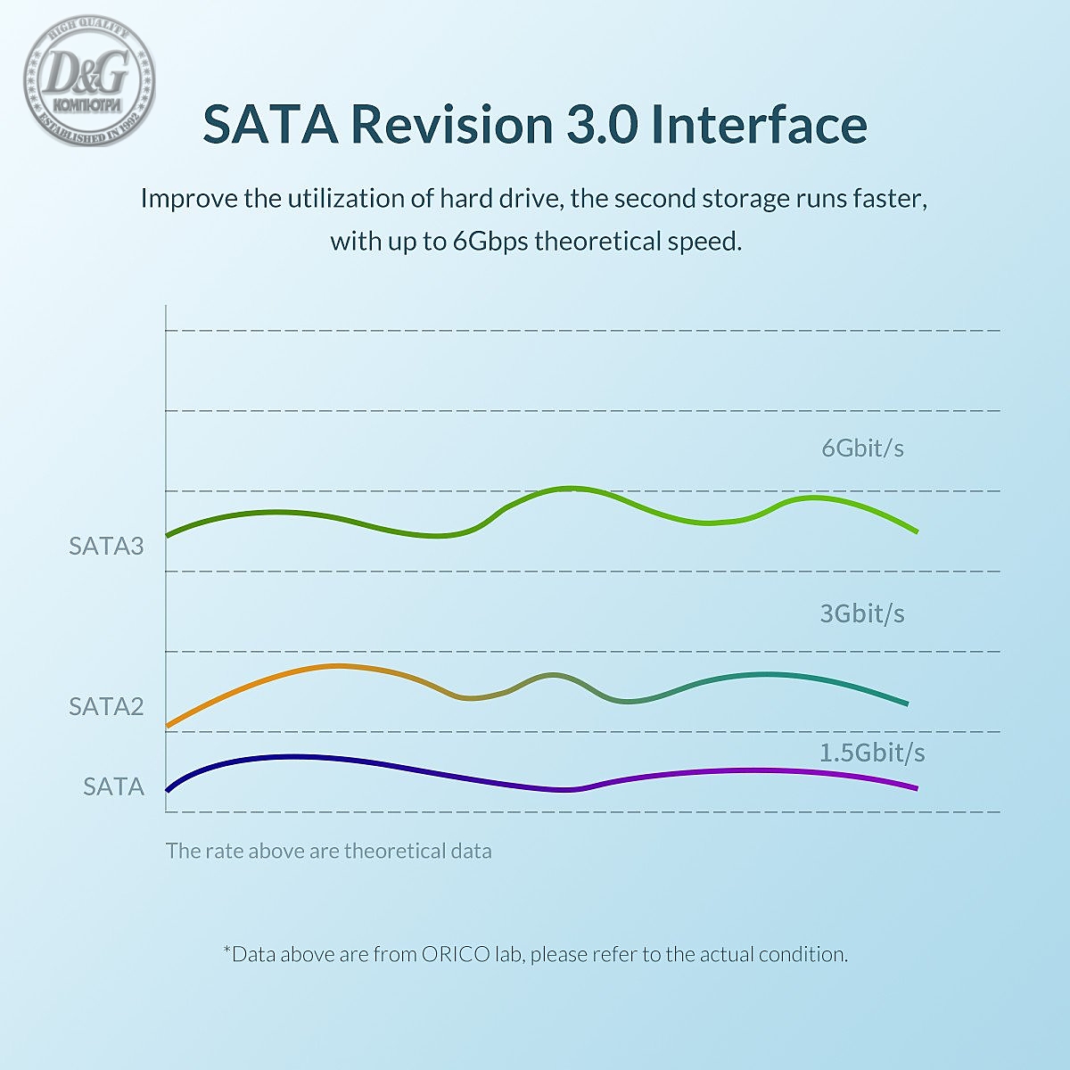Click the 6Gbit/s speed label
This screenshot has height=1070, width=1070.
pos(862,448)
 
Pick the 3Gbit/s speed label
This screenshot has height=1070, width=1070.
pos(862,613)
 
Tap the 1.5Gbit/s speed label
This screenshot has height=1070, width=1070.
pos(872,753)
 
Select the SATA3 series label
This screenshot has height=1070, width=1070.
pos(106,546)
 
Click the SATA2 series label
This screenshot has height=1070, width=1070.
pos(106,706)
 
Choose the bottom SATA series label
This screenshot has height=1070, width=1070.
pos(113,786)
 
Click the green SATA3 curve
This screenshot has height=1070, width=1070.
pos(571,489)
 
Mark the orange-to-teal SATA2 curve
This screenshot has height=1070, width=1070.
pos(339,666)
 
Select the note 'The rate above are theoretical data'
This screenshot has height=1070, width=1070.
pos(328,851)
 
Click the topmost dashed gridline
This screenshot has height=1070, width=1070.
pos(580,331)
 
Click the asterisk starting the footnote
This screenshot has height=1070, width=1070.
pos(226,951)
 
